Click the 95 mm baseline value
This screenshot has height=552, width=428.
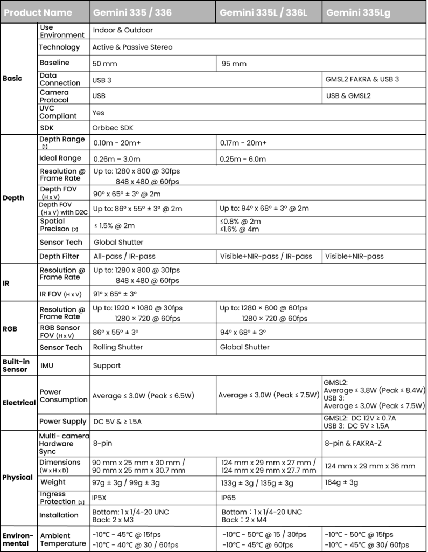(x=234, y=64)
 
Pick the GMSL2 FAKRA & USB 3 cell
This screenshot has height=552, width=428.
(x=362, y=79)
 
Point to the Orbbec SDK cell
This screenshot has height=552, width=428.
(x=113, y=128)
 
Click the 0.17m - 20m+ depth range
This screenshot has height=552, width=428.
(x=243, y=143)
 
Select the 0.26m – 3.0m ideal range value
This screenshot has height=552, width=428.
(x=116, y=158)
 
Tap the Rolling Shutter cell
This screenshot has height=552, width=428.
(x=118, y=347)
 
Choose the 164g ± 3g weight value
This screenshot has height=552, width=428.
(x=341, y=482)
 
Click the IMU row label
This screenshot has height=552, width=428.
(x=47, y=365)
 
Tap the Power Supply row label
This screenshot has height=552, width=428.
(x=62, y=422)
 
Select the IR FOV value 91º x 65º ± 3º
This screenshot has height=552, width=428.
(x=115, y=294)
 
